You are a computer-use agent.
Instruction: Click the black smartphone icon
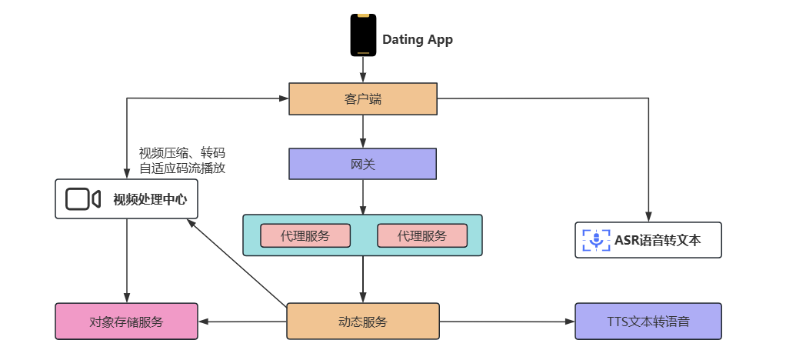click(363, 35)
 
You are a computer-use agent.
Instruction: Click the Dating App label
click(418, 40)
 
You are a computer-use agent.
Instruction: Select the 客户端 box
click(363, 99)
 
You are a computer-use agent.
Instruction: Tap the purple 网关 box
click(362, 164)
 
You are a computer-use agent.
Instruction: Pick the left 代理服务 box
click(305, 236)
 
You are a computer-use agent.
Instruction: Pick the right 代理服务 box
click(421, 236)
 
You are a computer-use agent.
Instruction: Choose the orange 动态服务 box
click(362, 322)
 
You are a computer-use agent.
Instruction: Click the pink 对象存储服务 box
click(126, 322)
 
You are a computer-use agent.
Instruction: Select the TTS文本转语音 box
click(648, 322)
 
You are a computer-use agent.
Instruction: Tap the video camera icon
click(83, 199)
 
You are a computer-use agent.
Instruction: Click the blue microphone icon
click(594, 240)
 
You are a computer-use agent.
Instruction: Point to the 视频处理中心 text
click(150, 200)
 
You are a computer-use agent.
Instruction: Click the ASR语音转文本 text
click(658, 240)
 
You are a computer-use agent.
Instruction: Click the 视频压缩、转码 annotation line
click(182, 153)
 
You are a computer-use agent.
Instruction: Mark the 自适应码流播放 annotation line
click(182, 168)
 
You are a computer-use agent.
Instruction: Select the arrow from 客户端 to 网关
click(363, 132)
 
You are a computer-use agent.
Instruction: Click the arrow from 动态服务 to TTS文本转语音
click(508, 322)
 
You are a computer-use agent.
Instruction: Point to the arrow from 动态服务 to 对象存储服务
click(242, 322)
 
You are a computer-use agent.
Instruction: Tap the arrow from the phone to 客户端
click(363, 70)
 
